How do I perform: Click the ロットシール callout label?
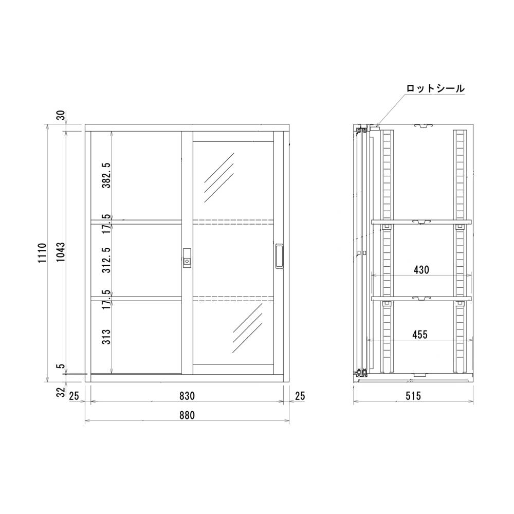[x=435, y=88]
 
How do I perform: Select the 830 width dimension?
[x=187, y=396]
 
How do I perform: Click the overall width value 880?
[x=187, y=415]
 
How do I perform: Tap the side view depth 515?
[x=413, y=396]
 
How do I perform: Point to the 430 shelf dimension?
[x=420, y=269]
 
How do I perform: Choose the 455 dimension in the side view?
[x=420, y=335]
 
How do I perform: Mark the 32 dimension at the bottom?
[x=60, y=393]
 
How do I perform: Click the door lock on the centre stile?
[x=187, y=258]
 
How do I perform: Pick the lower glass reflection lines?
[x=247, y=328]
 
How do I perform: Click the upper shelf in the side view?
[x=421, y=222]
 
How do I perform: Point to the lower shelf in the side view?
[x=421, y=298]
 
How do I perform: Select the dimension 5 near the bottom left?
[x=60, y=367]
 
